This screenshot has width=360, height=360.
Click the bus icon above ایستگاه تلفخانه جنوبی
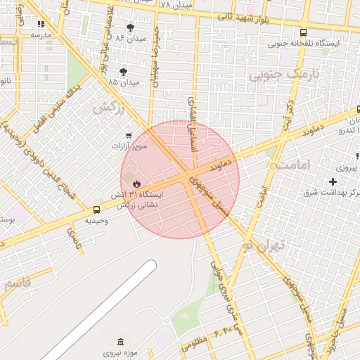(303, 32)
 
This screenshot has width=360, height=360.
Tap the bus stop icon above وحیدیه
(97, 210)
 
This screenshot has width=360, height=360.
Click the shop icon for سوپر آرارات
(128, 135)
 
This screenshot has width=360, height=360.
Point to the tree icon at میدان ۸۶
(131, 30)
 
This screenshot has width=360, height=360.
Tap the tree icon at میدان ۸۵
(124, 72)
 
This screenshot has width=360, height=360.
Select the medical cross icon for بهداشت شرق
(333, 181)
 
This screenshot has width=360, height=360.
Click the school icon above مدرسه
(40, 25)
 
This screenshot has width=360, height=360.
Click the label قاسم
(17, 284)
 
